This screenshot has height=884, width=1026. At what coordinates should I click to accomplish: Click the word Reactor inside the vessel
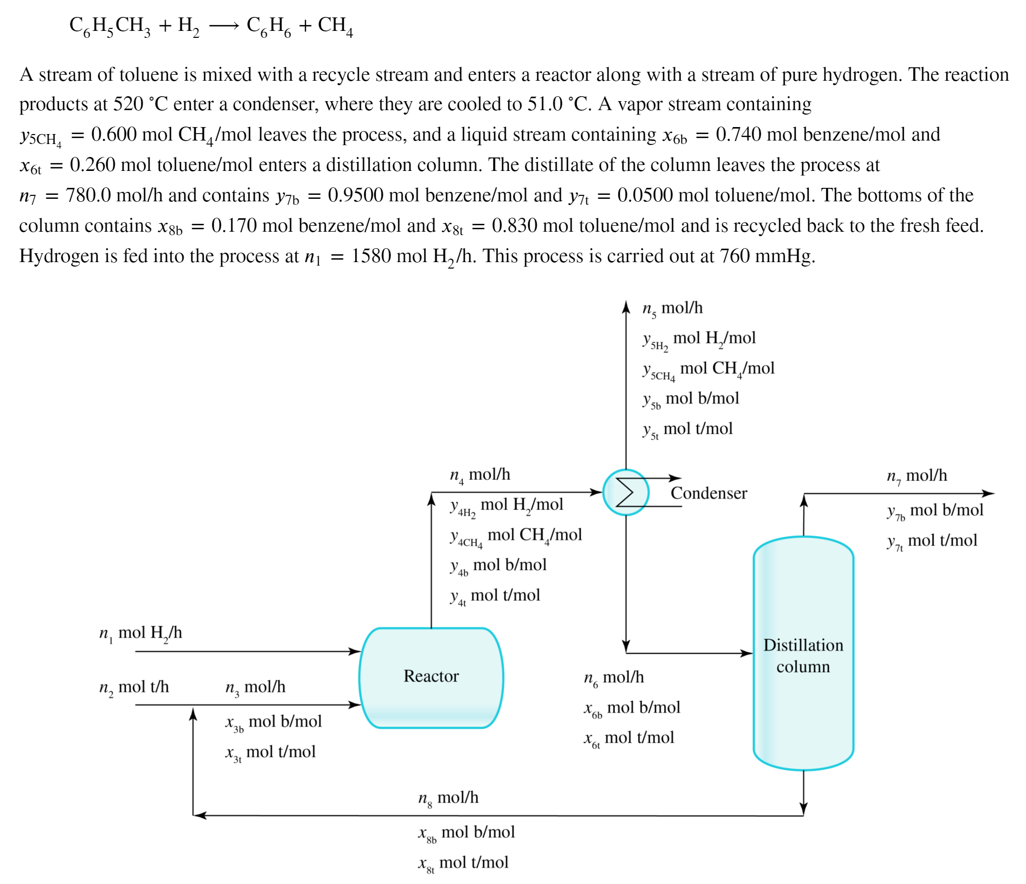431,676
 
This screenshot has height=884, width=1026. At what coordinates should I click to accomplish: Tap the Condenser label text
708,493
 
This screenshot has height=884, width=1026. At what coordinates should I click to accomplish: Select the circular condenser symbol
625,492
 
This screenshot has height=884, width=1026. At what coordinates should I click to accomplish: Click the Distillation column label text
803,656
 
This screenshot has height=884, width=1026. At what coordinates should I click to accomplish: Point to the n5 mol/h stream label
672,308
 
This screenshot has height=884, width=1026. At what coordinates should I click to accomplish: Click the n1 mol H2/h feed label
141,633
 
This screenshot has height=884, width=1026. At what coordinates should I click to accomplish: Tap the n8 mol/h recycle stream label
448,798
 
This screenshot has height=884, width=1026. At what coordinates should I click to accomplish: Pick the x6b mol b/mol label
631,708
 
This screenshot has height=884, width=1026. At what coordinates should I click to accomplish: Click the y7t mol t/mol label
931,541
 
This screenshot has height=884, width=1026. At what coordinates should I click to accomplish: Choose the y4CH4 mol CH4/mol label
515,536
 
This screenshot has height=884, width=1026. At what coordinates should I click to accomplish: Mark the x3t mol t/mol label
270,752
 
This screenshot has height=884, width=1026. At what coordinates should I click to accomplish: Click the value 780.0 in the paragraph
88,195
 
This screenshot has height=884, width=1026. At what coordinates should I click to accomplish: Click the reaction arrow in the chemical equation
224,26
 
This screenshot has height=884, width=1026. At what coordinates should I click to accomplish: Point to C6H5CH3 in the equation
110,26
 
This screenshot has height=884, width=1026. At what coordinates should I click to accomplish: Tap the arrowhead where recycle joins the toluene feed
193,714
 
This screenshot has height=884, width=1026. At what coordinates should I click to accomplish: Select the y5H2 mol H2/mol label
699,339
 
